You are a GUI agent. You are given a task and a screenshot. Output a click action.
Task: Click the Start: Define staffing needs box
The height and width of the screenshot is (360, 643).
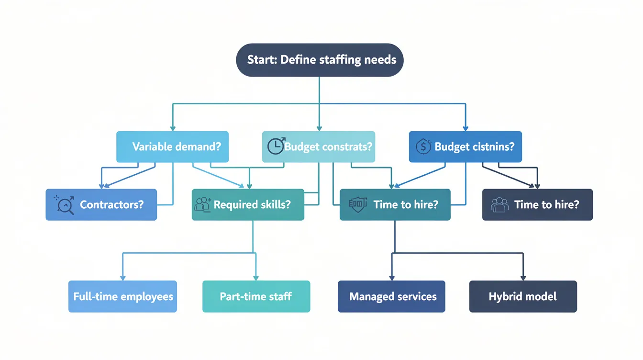point(320,60)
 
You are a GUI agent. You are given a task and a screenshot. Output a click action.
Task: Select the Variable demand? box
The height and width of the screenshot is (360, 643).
point(172,146)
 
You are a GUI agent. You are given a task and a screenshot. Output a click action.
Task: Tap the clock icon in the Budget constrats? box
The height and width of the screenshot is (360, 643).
point(276,146)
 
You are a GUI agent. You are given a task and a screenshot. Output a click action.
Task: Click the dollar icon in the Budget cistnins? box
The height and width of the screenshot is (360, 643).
point(423,146)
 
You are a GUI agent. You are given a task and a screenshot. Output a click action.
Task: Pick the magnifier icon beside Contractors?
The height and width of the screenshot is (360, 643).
point(65,205)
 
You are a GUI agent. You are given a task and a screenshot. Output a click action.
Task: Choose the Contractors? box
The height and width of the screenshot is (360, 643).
point(101,204)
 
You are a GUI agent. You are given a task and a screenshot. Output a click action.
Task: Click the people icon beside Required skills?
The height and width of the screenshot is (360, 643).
point(203,204)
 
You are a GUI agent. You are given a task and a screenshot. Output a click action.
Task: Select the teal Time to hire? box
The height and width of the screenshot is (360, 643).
point(395,204)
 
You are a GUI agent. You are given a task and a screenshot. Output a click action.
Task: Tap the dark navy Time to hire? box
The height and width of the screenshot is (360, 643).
point(537,204)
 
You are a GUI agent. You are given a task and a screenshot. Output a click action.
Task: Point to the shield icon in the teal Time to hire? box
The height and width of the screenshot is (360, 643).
point(357,204)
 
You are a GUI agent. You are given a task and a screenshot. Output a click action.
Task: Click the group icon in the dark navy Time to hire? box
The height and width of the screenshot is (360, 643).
point(500,205)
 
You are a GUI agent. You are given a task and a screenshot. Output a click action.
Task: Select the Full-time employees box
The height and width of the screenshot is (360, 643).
point(122,296)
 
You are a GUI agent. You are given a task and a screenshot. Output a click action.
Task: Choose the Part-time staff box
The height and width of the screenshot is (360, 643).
point(256,296)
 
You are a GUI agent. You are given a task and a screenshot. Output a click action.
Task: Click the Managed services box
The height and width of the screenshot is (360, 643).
point(391,296)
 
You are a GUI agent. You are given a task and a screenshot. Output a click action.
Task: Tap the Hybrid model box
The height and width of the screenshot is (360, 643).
point(523,296)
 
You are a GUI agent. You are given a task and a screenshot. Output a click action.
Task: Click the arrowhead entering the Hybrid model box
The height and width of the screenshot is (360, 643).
point(523,278)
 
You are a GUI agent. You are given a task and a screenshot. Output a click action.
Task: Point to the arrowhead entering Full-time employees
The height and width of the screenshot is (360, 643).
point(123,278)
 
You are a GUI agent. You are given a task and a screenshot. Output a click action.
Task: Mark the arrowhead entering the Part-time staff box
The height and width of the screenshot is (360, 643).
point(256,278)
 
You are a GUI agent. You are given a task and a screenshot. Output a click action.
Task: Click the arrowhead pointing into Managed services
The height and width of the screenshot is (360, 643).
point(392,278)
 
